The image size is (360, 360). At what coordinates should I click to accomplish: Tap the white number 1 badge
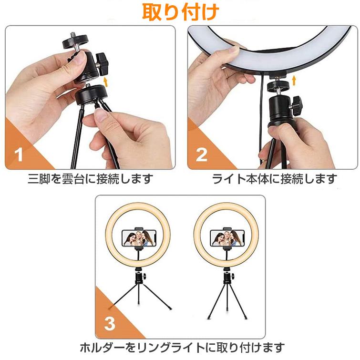19,155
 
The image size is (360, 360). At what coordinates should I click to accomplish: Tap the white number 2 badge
202,155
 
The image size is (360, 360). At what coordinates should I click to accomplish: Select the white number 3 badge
110,324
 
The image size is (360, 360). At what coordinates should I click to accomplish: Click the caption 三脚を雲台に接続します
90,179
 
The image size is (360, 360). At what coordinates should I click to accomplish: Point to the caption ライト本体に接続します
274,179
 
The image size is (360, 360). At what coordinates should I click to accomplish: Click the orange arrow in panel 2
294,79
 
